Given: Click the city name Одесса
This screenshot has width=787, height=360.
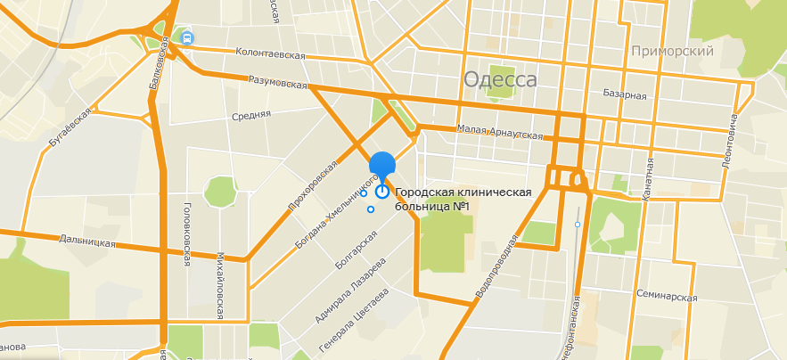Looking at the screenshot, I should (500, 79).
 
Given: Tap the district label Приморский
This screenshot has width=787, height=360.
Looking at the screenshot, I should (672, 51).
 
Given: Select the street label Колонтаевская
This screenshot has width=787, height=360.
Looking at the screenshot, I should (270, 54).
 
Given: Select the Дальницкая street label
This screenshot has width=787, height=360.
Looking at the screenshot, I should (87, 241).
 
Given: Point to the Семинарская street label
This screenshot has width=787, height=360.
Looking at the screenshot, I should (667, 296).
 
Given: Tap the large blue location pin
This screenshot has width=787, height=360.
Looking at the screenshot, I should (382, 164).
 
